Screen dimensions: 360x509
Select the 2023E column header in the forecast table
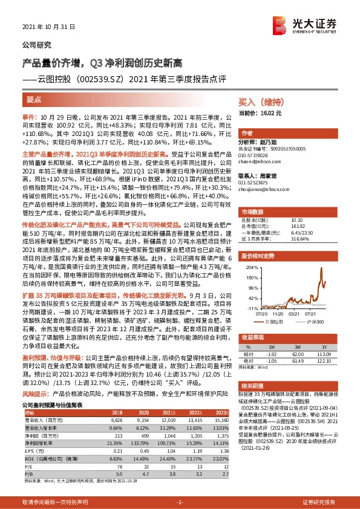(221, 413)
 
